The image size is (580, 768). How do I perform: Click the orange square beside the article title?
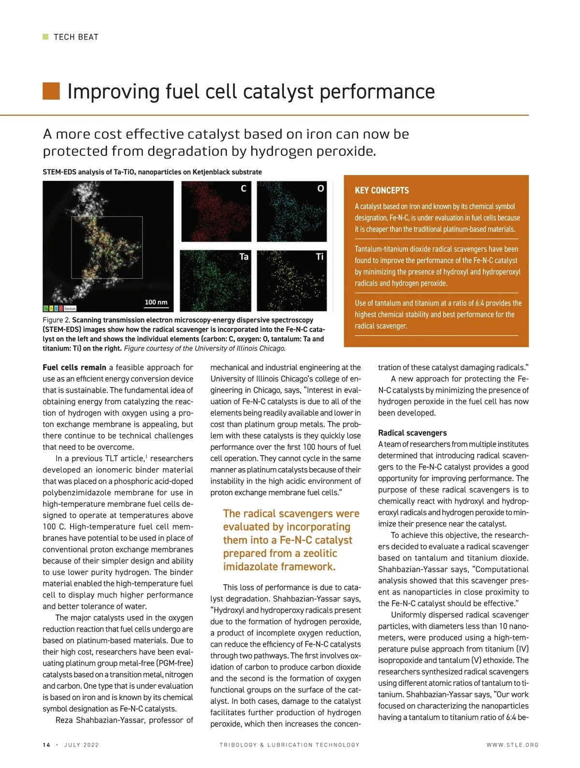point(51,91)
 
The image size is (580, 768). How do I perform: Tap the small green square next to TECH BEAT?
point(45,37)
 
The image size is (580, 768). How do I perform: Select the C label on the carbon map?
point(244,188)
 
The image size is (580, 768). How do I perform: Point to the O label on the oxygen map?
point(320,188)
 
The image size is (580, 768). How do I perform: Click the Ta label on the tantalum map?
point(244,256)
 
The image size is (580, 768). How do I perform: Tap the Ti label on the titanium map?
point(319,256)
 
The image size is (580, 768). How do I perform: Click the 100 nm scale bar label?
point(156,302)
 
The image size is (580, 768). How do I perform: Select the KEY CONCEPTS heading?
point(382,191)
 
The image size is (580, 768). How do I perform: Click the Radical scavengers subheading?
point(412,433)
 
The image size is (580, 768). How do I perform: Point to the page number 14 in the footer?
point(46,745)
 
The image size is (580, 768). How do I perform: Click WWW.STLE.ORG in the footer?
point(512,745)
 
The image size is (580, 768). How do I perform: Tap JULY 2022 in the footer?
point(81,745)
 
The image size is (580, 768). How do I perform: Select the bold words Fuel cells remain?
point(74,368)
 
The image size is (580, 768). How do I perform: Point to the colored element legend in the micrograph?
point(59,308)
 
